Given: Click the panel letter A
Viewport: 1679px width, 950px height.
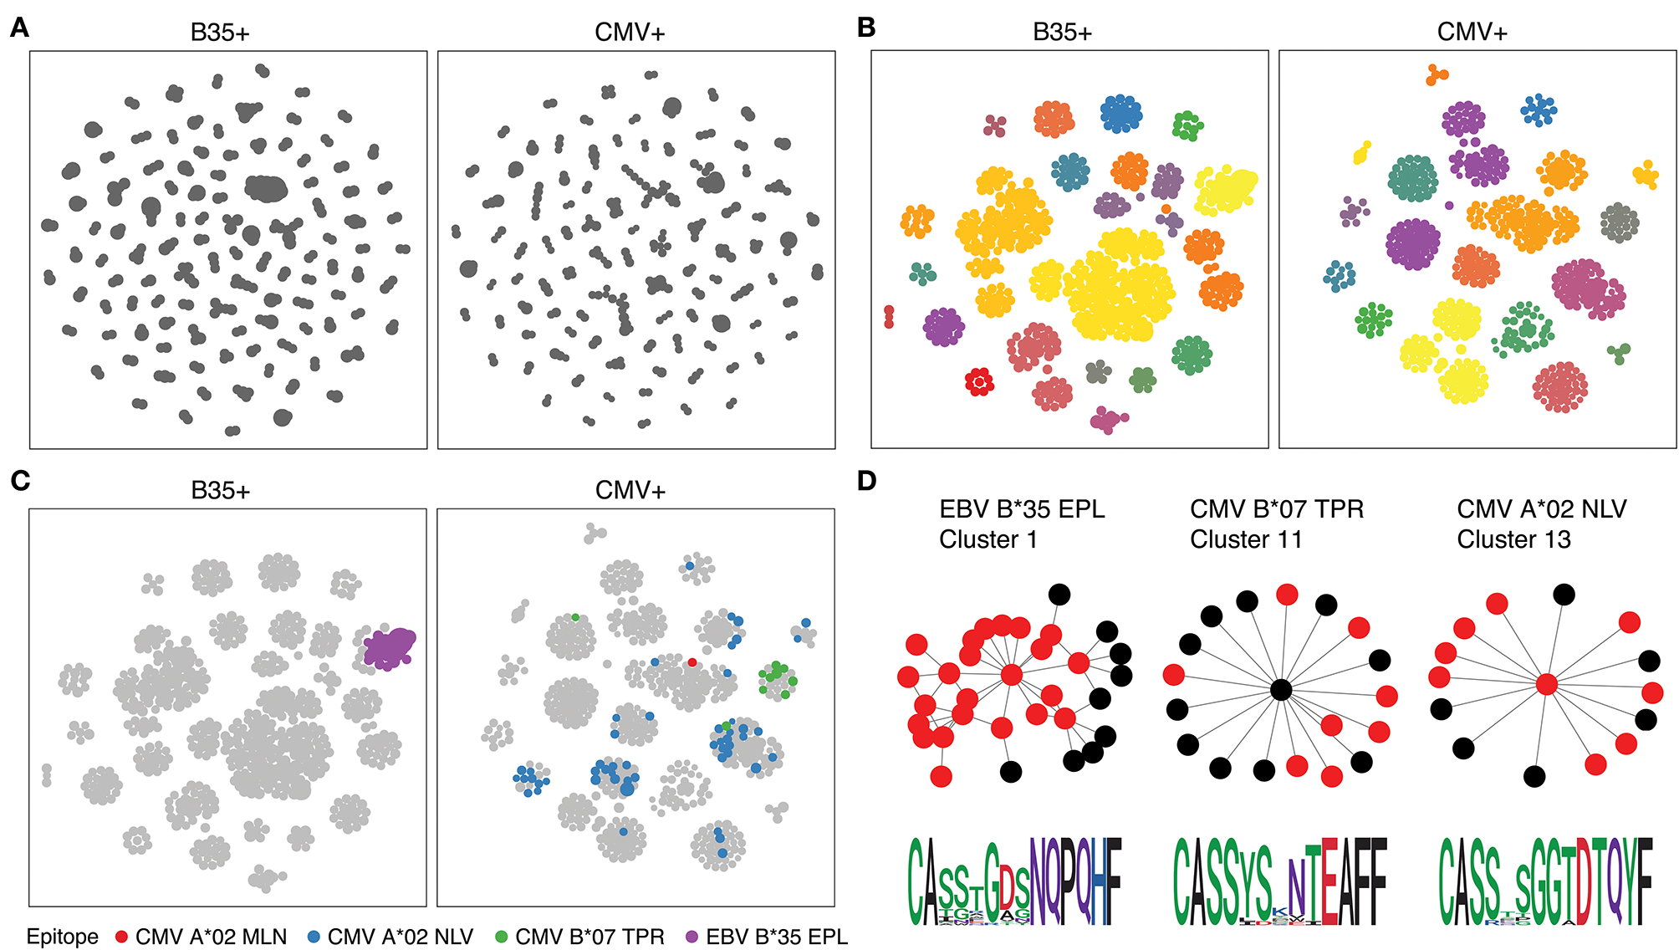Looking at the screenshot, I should click(19, 28).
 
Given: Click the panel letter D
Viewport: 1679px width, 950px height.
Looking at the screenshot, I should click(866, 481).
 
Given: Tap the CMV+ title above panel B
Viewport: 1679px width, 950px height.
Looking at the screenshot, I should click(1472, 32).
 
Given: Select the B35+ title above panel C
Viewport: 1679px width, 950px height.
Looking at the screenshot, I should click(220, 490).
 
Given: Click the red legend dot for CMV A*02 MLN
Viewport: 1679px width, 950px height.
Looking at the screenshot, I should click(121, 937).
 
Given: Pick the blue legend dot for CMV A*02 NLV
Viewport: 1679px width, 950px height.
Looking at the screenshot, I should click(314, 937).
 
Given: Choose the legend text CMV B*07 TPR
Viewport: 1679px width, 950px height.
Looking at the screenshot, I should click(589, 937).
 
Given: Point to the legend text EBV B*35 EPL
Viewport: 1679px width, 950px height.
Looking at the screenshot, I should click(777, 937).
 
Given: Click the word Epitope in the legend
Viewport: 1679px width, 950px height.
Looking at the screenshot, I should click(62, 937).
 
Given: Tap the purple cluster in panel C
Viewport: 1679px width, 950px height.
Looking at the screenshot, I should click(389, 648).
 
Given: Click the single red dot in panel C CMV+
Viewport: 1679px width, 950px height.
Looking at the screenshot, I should click(692, 662).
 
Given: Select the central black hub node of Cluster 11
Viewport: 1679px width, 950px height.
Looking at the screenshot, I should click(1280, 690).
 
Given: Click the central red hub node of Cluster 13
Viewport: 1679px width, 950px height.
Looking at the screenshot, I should click(1546, 685).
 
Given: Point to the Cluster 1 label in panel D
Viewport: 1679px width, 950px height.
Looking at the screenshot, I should click(987, 539).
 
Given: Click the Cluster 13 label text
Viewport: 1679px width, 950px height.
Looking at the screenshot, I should click(1513, 539).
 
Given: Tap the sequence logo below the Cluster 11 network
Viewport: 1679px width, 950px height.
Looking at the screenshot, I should click(1280, 882).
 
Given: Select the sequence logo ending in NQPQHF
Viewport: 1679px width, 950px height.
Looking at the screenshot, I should click(1014, 882).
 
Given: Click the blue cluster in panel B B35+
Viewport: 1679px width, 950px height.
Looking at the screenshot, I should click(1120, 114).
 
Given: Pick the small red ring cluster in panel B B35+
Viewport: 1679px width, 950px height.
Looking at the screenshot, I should click(979, 381).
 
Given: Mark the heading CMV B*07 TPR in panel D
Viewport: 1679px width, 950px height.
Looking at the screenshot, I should click(1276, 508).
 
